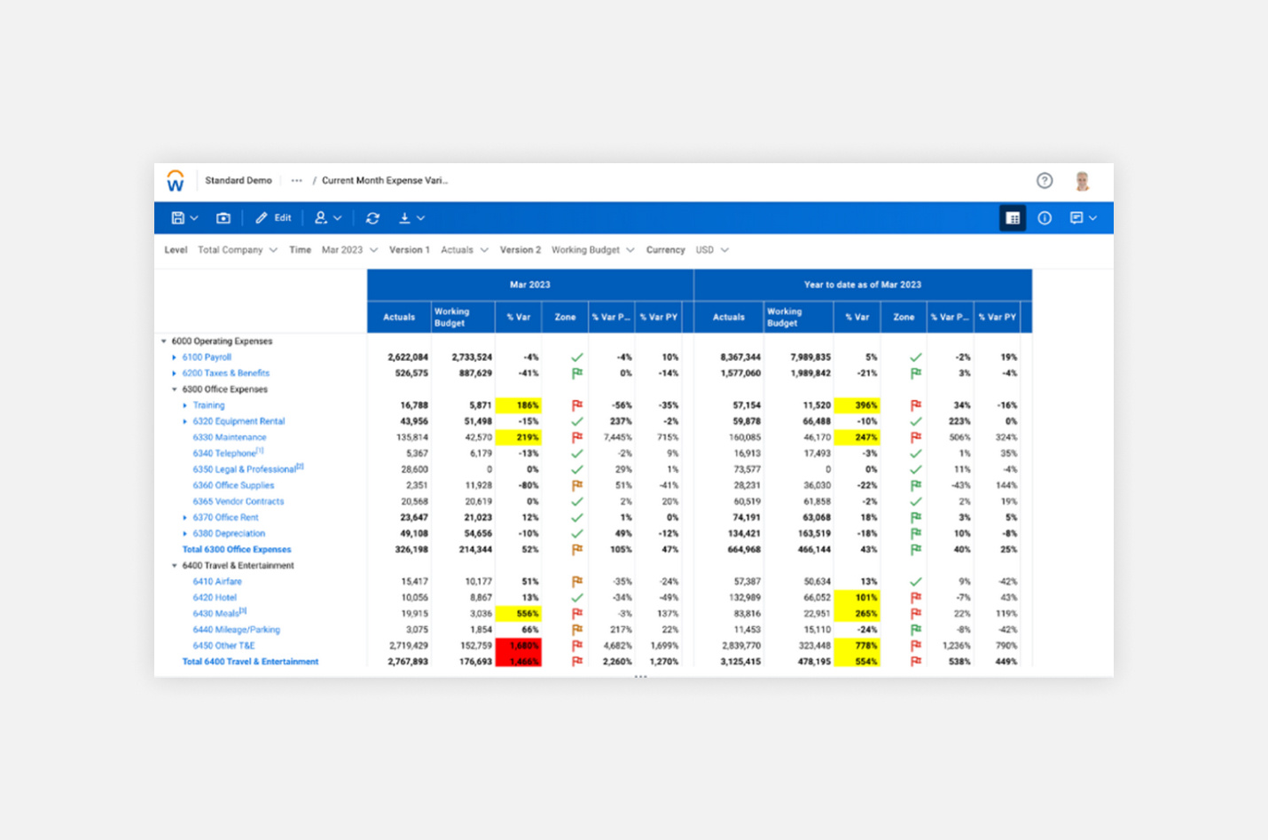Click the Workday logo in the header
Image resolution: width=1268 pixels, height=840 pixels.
coord(176,181)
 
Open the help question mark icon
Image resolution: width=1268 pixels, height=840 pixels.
coord(1045,181)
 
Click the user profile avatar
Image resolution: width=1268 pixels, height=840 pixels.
coord(1082,181)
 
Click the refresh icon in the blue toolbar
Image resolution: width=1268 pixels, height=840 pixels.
coord(372,218)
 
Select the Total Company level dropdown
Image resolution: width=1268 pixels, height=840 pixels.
coord(237,250)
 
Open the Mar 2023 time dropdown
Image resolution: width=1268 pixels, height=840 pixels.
coord(349,250)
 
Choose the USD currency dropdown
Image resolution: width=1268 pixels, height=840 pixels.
coord(712,250)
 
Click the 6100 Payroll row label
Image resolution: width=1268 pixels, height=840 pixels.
coord(207,357)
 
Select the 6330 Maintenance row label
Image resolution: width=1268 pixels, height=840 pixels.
coord(229,437)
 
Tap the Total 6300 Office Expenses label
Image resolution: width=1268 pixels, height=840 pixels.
coord(236,550)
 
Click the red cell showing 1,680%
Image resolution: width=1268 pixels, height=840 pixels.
coord(520,646)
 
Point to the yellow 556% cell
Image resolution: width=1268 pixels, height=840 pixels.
coord(520,614)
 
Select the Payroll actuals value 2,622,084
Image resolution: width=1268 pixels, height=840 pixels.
coord(408,357)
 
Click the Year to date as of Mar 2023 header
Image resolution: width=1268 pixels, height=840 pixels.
coord(862,285)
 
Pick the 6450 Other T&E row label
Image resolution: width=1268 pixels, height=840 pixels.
coord(223,646)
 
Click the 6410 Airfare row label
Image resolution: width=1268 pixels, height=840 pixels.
coord(217,582)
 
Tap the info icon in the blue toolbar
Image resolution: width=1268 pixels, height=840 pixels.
coord(1045,218)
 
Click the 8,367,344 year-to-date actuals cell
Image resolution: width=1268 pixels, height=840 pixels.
coord(740,357)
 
